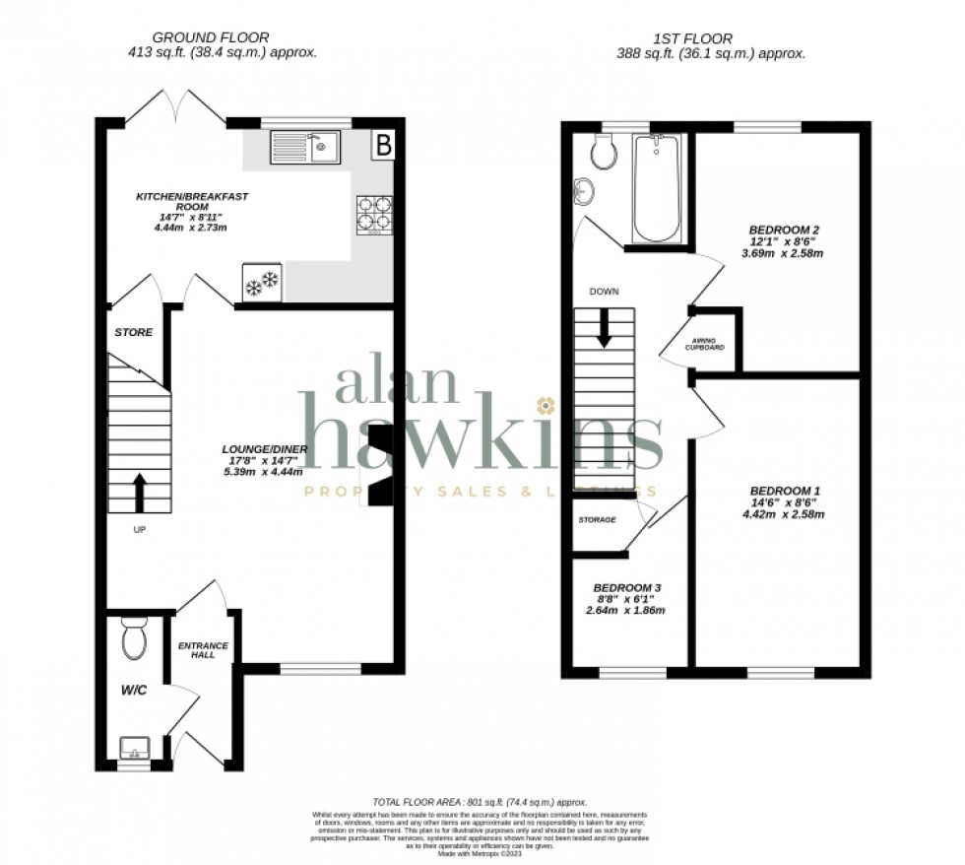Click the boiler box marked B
pyautogui.click(x=383, y=146)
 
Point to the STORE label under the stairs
pyautogui.click(x=133, y=333)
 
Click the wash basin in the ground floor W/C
pyautogui.click(x=132, y=749)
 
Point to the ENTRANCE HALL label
pyautogui.click(x=203, y=651)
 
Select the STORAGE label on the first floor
pyautogui.click(x=597, y=519)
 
